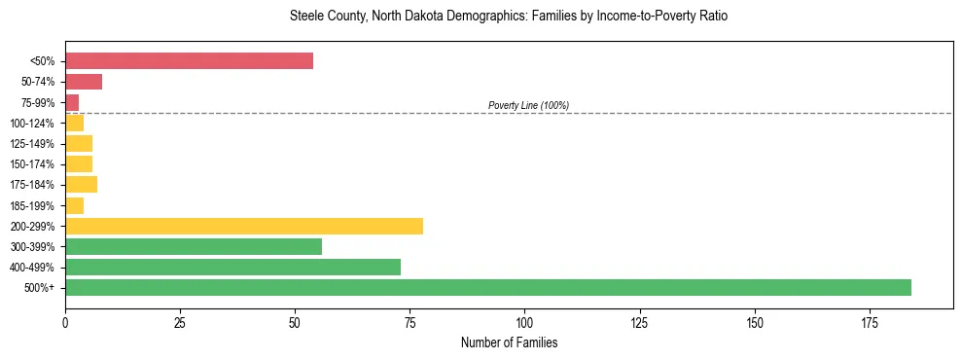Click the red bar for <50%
point(189,61)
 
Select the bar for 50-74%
point(84,82)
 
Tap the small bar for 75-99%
point(72,102)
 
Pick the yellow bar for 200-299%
point(243,226)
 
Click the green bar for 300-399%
point(193,246)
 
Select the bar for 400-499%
point(232,267)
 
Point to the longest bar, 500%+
point(487,287)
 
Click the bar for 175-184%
point(81,185)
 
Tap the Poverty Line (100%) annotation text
point(528,105)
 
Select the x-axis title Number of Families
point(509,342)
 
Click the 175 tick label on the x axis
point(754,321)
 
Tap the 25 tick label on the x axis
point(180,321)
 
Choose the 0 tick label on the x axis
point(65,321)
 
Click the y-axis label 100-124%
point(32,124)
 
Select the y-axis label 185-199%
point(32,205)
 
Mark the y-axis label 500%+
point(40,288)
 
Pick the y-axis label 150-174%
point(32,164)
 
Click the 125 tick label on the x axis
point(639,321)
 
